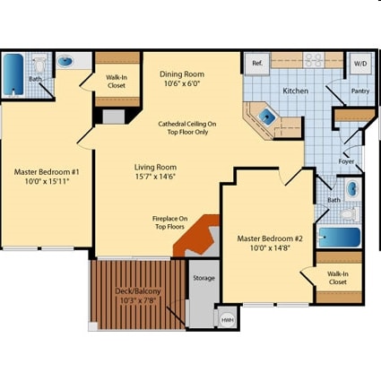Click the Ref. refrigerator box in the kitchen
tap(257, 64)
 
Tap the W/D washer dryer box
tap(360, 64)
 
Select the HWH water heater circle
tap(227, 320)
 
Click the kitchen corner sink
tap(266, 117)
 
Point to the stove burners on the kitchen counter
tap(314, 60)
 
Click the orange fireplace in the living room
tap(197, 235)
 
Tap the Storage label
tap(204, 278)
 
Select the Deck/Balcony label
tap(138, 290)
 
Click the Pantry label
tap(360, 91)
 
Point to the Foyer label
tap(346, 161)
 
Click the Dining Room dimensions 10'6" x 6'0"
tap(182, 83)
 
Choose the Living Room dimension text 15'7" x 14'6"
tap(155, 177)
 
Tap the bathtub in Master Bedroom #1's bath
tap(13, 74)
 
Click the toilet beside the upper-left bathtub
tap(39, 65)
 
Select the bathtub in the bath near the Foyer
tap(340, 238)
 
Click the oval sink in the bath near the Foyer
tap(352, 188)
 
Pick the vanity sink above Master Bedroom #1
tap(65, 62)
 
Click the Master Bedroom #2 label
tap(270, 238)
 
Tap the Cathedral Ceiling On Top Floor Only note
tap(187, 128)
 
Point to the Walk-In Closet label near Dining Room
tap(117, 82)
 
